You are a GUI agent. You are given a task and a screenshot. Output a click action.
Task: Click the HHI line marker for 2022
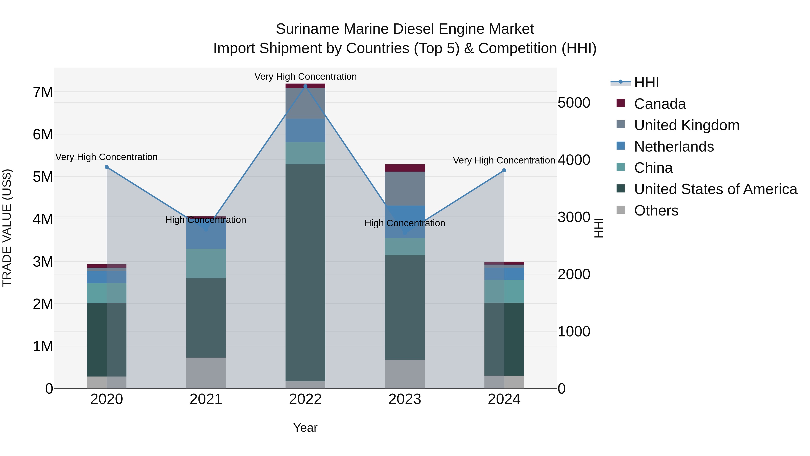point(305,86)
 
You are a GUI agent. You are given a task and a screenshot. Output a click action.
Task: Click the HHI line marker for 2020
point(107,167)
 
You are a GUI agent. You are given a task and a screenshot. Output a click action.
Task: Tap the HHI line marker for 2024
point(504,170)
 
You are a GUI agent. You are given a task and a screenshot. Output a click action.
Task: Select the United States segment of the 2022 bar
point(305,272)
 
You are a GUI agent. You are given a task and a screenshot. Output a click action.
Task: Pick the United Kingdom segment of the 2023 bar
point(405,188)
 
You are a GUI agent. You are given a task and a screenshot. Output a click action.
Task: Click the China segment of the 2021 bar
point(206,263)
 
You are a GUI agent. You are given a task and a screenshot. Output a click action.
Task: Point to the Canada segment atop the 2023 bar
point(405,168)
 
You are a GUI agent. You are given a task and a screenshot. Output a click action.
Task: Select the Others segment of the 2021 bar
point(206,373)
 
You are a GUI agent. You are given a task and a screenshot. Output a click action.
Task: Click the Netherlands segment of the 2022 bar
point(305,131)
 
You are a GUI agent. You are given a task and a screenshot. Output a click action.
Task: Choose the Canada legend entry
point(659,104)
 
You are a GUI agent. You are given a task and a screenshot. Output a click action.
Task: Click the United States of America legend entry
point(715,189)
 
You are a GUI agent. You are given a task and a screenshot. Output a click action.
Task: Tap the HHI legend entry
point(646,82)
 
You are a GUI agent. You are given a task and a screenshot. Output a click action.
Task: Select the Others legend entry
point(656,211)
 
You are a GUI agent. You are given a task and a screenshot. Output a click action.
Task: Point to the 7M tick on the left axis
point(43,92)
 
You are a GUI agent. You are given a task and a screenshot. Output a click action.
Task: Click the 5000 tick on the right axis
point(574,103)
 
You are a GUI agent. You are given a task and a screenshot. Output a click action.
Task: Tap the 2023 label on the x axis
point(405,399)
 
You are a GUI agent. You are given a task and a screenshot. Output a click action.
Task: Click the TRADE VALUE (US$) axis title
point(7,228)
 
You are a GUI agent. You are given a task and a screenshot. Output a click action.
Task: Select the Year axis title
point(305,428)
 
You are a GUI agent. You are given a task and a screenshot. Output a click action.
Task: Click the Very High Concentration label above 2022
point(305,77)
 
